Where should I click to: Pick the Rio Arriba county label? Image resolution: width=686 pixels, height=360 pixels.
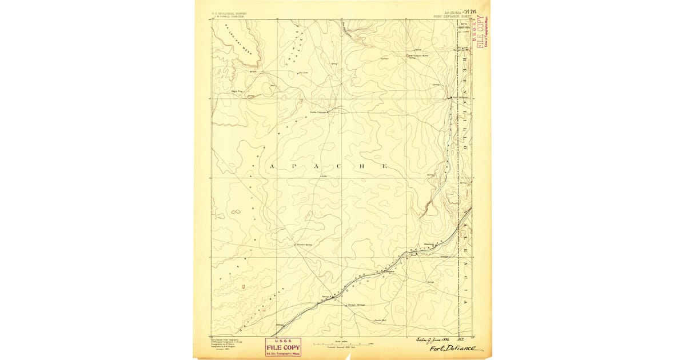point(465,25)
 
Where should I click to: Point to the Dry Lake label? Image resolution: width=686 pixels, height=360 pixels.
point(304,73)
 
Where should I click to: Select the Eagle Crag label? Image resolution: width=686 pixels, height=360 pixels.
point(237,90)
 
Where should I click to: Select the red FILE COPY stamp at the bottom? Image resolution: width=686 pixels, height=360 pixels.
point(282,347)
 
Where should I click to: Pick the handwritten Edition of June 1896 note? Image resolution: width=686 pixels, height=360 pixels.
point(432,339)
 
